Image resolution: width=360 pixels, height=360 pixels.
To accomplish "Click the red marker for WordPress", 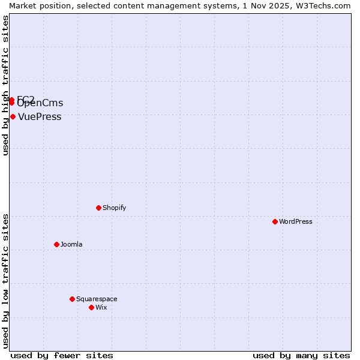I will (x=275, y=221).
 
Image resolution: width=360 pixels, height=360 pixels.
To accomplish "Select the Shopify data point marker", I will (x=98, y=208).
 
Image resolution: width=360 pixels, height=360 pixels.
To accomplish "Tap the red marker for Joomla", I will (x=56, y=244).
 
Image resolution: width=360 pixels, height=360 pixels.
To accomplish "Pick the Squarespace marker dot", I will (x=72, y=299).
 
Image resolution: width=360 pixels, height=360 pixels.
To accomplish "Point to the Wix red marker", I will (x=91, y=307).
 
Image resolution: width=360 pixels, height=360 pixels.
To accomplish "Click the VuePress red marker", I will (x=13, y=116).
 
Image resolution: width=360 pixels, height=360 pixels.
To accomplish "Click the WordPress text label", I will (x=296, y=221).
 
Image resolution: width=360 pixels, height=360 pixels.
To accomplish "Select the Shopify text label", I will (x=114, y=208).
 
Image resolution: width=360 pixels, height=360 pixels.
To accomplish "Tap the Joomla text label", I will (x=71, y=244).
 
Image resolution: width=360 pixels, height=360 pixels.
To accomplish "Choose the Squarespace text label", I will (x=97, y=299).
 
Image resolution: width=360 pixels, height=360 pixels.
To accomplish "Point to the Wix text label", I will (x=101, y=307).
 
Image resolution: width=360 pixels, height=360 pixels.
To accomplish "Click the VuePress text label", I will (x=40, y=116).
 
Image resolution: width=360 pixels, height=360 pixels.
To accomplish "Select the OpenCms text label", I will (x=40, y=103).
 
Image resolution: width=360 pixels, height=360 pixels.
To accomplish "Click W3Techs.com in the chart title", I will (x=322, y=5).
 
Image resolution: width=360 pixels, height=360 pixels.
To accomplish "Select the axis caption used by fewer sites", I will (x=62, y=355).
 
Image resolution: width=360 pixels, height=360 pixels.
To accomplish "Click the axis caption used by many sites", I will (x=301, y=355).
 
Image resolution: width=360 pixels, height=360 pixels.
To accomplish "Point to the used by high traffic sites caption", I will (x=5, y=85).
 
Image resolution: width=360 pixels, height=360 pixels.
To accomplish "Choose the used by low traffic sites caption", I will (x=5, y=281).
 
